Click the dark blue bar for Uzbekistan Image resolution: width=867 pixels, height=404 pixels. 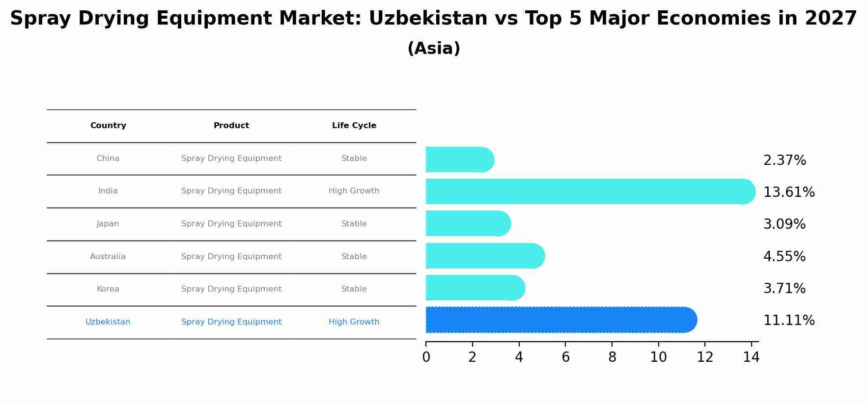click(560, 320)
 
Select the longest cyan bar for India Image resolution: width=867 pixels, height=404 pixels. click(589, 191)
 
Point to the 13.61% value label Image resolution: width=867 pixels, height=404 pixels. click(789, 192)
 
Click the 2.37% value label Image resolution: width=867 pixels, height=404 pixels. click(784, 161)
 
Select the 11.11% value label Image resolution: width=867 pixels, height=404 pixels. click(789, 321)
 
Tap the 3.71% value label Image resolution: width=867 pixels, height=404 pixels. click(784, 289)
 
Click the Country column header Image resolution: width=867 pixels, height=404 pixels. click(108, 126)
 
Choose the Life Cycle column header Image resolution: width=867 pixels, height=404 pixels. click(354, 126)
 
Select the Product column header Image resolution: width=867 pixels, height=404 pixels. click(231, 126)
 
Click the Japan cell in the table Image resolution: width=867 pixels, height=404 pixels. click(108, 224)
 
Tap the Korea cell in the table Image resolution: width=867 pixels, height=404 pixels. click(108, 289)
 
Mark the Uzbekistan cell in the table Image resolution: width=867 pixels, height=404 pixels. click(108, 322)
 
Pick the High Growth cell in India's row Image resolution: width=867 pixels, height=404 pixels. click(354, 191)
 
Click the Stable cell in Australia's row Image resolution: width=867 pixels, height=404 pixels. click(354, 257)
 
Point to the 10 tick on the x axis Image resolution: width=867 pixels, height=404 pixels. click(658, 357)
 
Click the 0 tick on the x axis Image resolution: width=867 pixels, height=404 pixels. click(426, 357)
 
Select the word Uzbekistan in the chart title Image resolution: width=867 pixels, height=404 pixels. click(428, 19)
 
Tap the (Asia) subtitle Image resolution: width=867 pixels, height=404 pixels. click(434, 49)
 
